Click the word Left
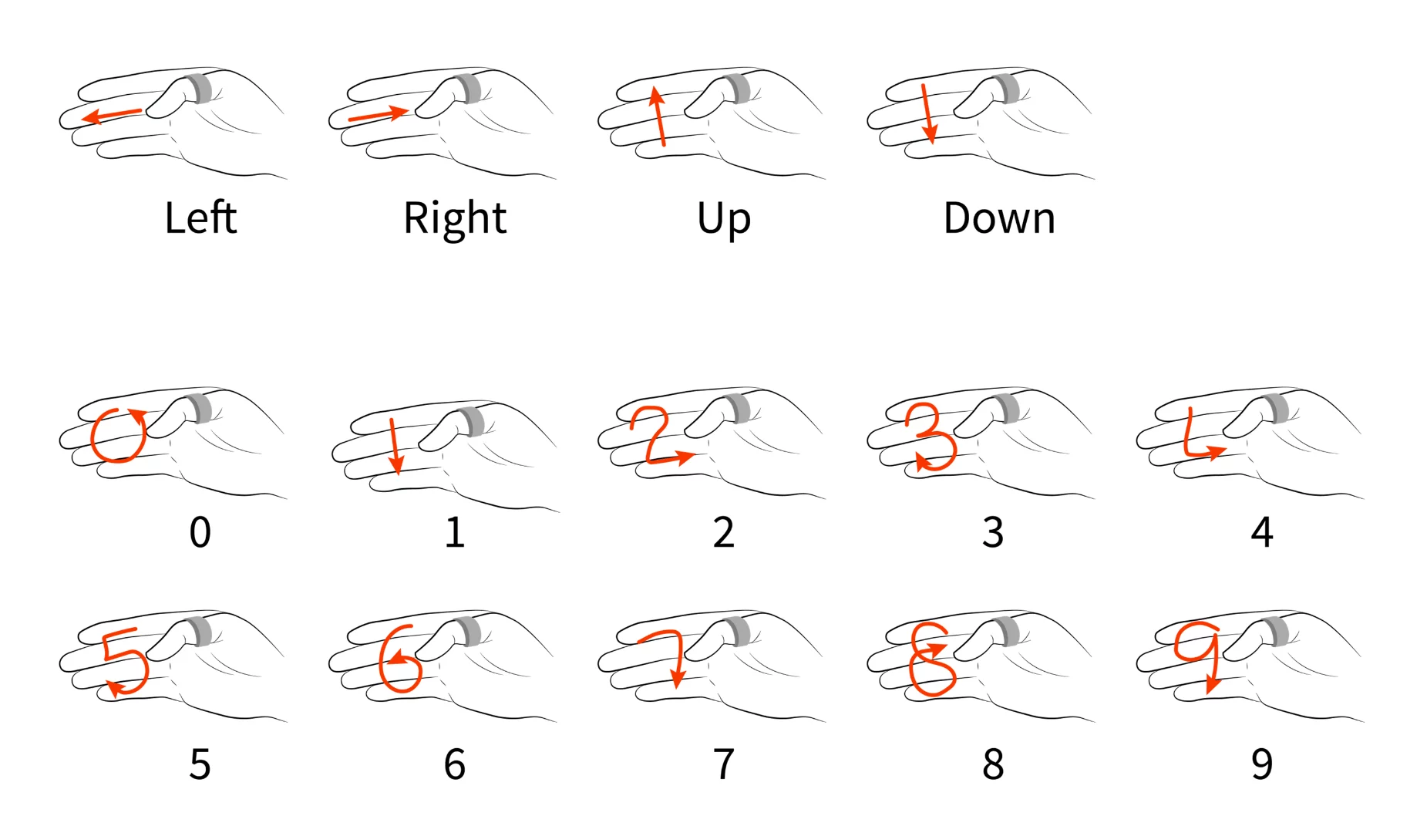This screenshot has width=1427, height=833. [x=200, y=218]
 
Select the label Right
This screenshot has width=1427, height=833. [x=455, y=218]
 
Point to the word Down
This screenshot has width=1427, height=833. [x=999, y=218]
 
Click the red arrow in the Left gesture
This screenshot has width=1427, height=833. [x=112, y=116]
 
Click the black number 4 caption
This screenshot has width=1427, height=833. [x=1261, y=532]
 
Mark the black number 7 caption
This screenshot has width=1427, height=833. [x=723, y=764]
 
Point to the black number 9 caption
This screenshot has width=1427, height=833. [x=1261, y=764]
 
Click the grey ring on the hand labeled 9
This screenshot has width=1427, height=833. [x=1277, y=631]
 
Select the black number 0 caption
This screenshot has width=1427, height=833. [x=200, y=532]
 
